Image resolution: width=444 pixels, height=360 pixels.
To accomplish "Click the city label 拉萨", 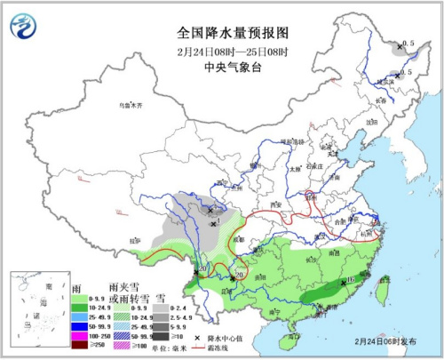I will pos(134,239).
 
